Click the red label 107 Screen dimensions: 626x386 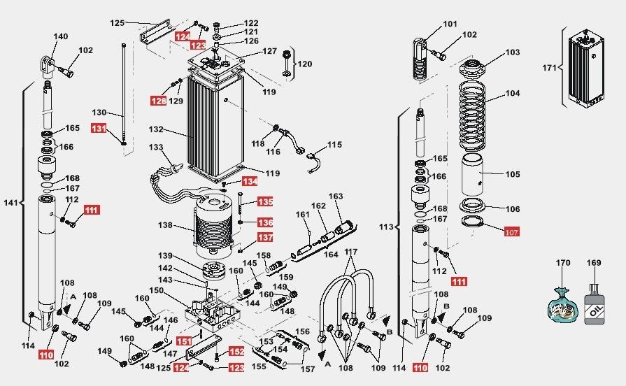click(511, 232)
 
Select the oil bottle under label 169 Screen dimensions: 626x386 click(595, 306)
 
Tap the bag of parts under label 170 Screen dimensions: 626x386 click(562, 305)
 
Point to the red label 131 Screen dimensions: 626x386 click(99, 129)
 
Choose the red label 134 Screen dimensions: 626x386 click(250, 182)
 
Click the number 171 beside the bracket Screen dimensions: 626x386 click(549, 68)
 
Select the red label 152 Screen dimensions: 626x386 click(236, 352)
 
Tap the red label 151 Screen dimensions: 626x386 click(184, 341)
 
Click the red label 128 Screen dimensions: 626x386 click(159, 101)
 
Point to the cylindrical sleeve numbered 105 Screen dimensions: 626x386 click(472, 174)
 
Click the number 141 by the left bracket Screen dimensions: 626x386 click(10, 203)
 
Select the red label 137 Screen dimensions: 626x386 click(265, 238)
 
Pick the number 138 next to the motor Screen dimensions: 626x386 click(165, 225)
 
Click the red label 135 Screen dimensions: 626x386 click(265, 201)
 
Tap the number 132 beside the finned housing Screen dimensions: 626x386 click(156, 129)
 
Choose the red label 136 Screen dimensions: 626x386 click(265, 222)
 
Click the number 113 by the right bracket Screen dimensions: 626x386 click(387, 227)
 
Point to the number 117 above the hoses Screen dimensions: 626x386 click(351, 252)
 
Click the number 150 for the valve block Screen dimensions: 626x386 click(157, 290)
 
